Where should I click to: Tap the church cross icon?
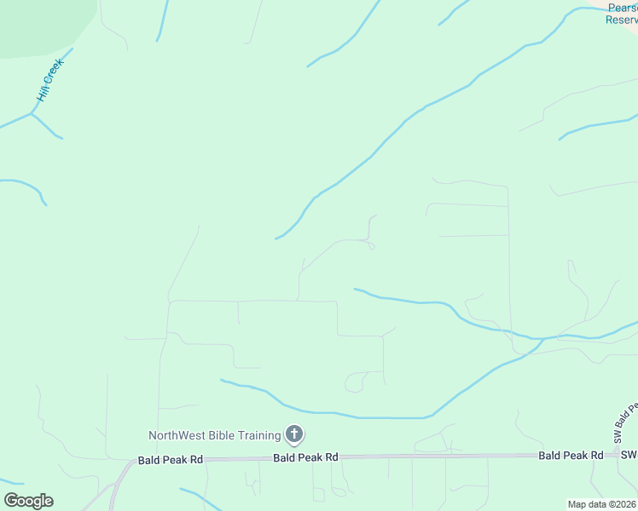(x=293, y=435)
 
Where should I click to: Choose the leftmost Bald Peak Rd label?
(x=171, y=460)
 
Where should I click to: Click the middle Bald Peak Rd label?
(x=305, y=457)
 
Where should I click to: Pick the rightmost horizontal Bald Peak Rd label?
(x=570, y=456)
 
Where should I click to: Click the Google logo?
(x=28, y=501)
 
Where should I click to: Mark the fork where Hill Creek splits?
(x=32, y=113)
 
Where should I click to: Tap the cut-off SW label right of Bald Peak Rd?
(x=629, y=456)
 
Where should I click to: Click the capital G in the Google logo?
(x=10, y=501)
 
